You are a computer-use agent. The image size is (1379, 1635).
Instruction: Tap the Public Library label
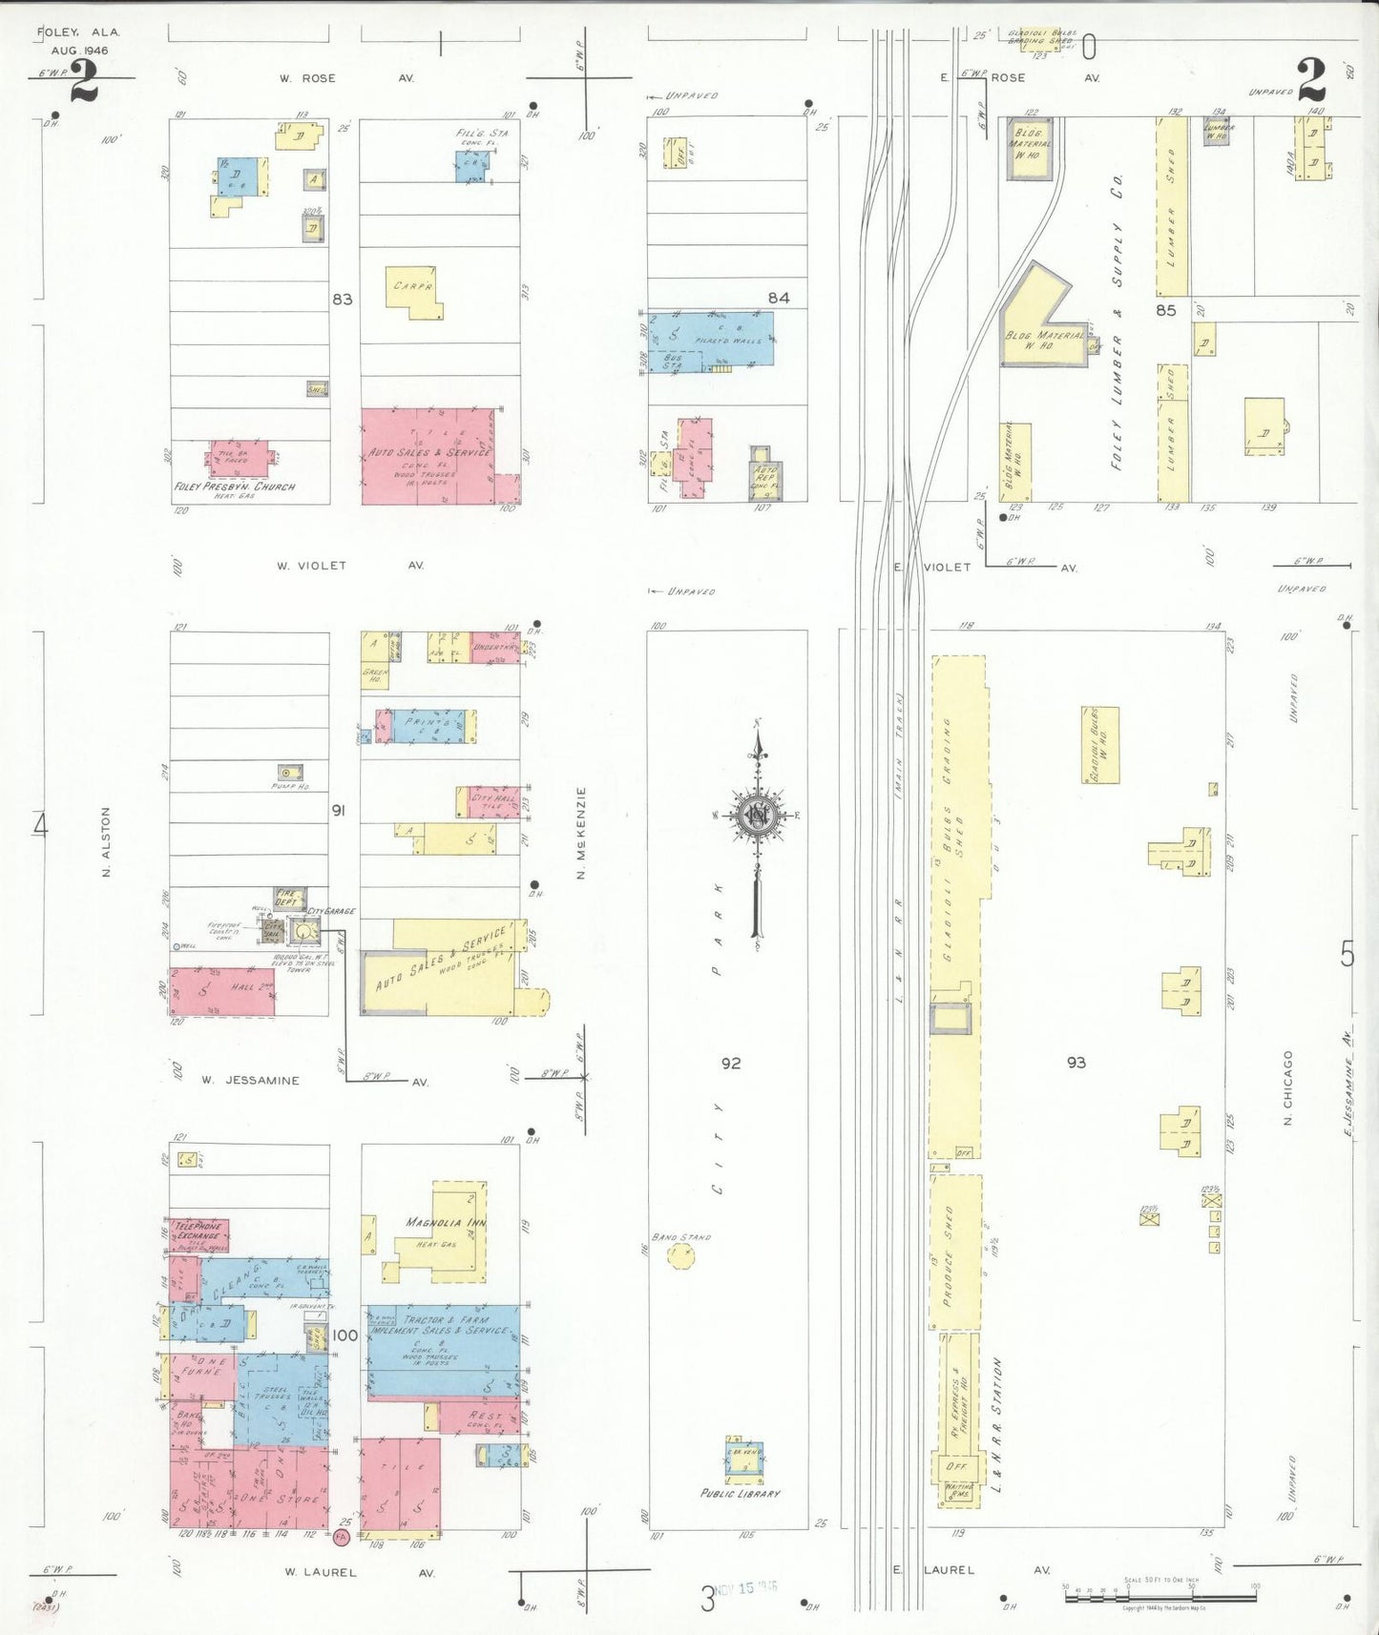740,1494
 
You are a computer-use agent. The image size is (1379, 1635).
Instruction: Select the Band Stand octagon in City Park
680,1255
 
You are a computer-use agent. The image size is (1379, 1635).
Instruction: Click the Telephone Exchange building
199,1235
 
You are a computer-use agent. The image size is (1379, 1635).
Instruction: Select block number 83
342,300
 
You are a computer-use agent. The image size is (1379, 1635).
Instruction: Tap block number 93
1076,1063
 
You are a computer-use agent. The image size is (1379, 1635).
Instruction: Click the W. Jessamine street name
250,1081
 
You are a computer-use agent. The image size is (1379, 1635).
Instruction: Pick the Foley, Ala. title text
78,32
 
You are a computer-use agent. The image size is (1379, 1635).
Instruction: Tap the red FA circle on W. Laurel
341,1537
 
